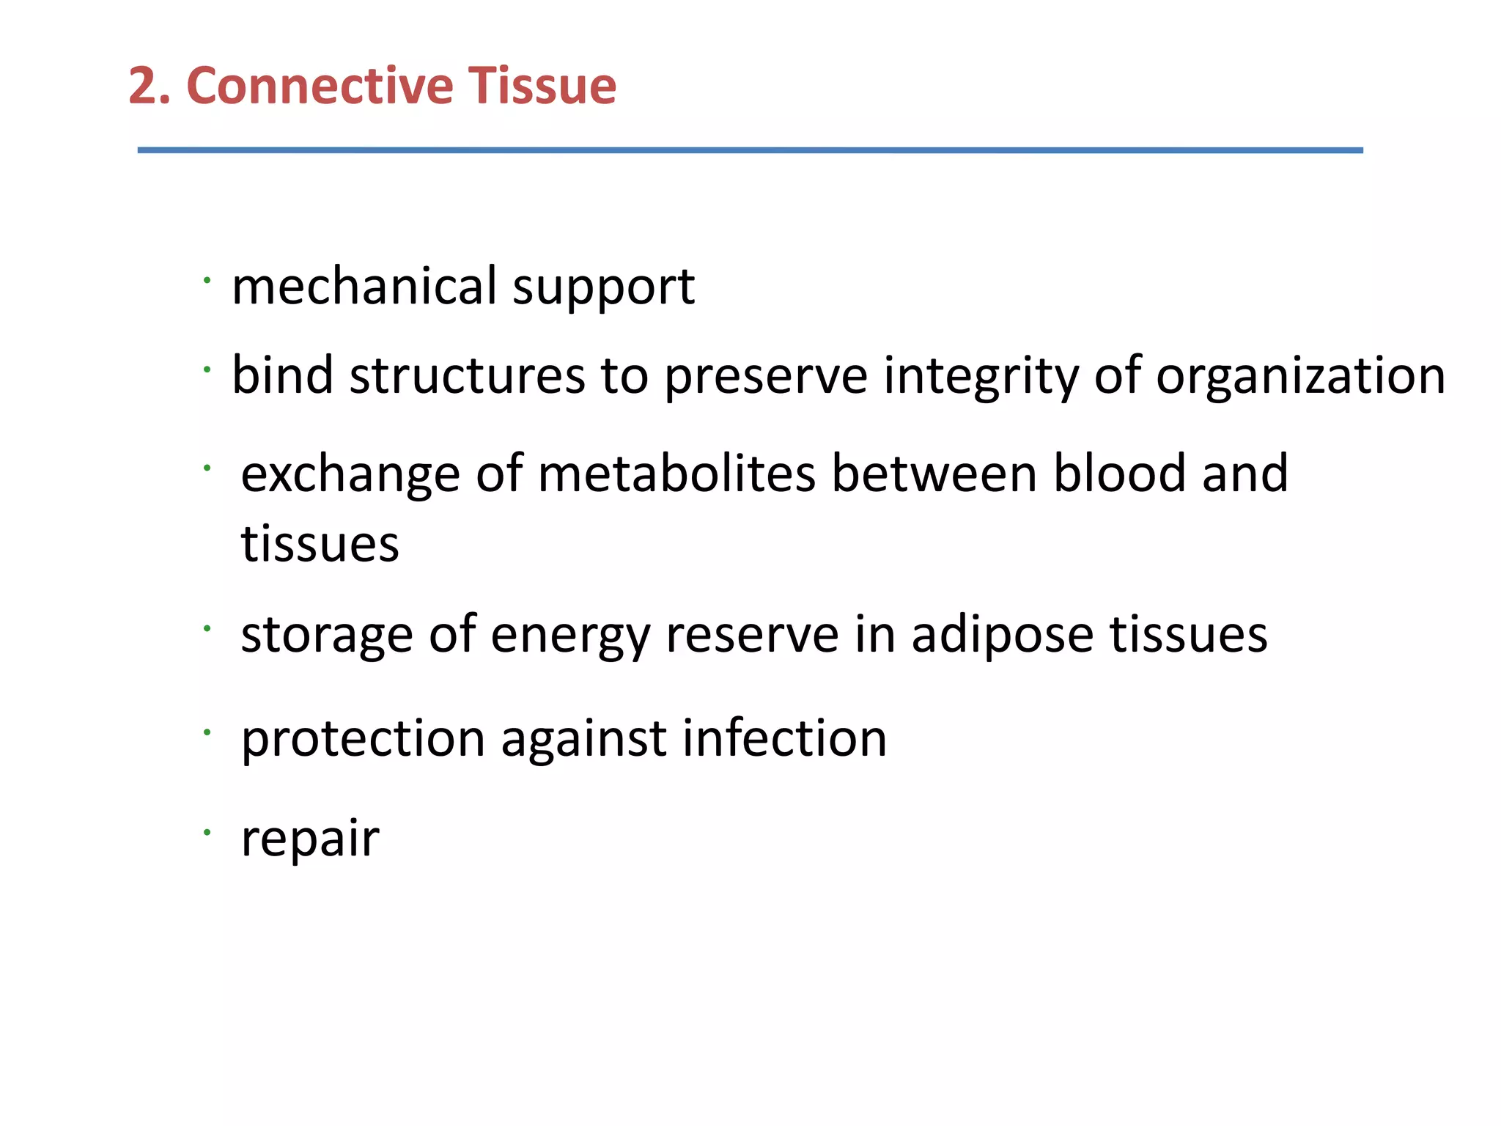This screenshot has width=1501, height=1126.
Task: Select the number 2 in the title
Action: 145,86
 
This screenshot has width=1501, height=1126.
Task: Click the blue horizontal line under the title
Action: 750,150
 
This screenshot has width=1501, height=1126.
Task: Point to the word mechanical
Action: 364,286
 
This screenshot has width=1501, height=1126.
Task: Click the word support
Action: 603,287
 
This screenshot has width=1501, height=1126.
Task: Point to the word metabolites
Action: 676,474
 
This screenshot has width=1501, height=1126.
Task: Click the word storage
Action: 327,636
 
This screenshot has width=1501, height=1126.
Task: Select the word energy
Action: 570,636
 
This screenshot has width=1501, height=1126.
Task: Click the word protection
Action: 363,739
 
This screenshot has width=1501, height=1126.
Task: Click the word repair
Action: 310,839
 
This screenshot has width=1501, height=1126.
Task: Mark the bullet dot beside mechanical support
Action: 207,279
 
